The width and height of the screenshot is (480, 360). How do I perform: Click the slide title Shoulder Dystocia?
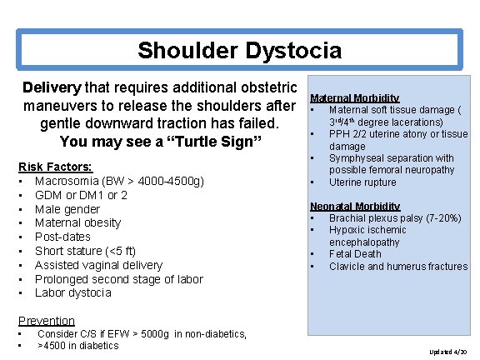pyautogui.click(x=239, y=51)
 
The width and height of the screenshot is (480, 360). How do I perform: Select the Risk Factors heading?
pyautogui.click(x=55, y=167)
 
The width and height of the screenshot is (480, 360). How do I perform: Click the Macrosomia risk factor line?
pyautogui.click(x=119, y=181)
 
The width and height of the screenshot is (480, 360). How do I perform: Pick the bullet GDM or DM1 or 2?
pyautogui.click(x=81, y=195)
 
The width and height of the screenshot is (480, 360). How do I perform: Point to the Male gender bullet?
pyautogui.click(x=67, y=209)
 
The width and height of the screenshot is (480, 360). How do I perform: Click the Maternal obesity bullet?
pyautogui.click(x=77, y=222)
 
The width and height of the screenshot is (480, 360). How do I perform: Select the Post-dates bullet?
pyautogui.click(x=64, y=237)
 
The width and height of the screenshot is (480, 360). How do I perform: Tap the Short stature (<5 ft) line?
pyautogui.click(x=84, y=251)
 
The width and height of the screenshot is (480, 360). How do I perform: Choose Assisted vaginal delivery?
pyautogui.click(x=98, y=265)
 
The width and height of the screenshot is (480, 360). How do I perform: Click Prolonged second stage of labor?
pyautogui.click(x=118, y=279)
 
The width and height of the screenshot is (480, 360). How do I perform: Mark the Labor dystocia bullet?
pyautogui.click(x=72, y=292)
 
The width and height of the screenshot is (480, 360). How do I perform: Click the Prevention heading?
pyautogui.click(x=47, y=321)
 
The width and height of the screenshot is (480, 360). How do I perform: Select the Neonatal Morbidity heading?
pyautogui.click(x=355, y=206)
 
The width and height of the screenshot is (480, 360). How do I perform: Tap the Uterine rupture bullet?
pyautogui.click(x=363, y=182)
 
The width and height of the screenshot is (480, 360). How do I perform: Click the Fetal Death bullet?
pyautogui.click(x=355, y=254)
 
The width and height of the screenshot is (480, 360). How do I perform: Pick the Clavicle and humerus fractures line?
pyautogui.click(x=398, y=267)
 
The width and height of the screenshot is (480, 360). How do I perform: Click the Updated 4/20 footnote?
pyautogui.click(x=448, y=352)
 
